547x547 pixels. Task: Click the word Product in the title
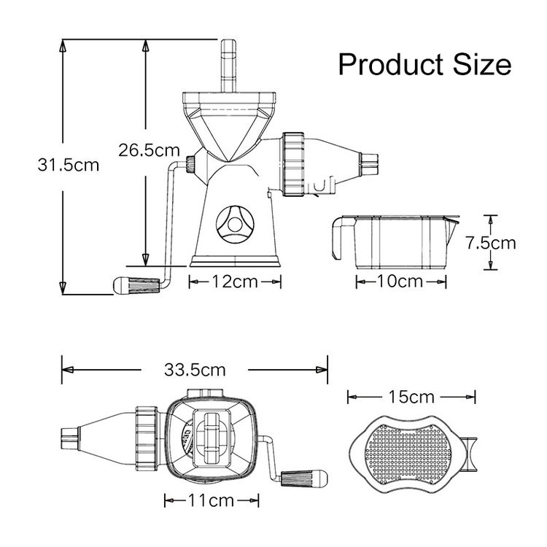coord(391,64)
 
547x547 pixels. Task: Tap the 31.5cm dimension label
coord(69,165)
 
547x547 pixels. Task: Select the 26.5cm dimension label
coord(149,150)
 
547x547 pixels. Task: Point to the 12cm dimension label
coord(235,282)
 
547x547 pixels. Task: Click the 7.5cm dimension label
coord(491,243)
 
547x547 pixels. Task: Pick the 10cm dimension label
coord(400,282)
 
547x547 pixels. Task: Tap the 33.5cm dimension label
coord(195,370)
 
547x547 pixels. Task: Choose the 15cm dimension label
coord(411,397)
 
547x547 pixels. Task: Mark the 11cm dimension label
coord(211,501)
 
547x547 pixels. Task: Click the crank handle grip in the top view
coord(304,478)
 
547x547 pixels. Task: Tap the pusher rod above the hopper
coord(228,66)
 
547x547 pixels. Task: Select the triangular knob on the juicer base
coord(234,224)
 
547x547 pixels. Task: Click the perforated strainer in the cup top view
coord(408,454)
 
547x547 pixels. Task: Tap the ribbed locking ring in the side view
coord(294,164)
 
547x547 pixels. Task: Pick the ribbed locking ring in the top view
coord(147,438)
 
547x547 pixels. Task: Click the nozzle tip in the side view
coord(369,163)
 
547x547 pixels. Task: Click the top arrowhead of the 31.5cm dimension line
coord(63,45)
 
